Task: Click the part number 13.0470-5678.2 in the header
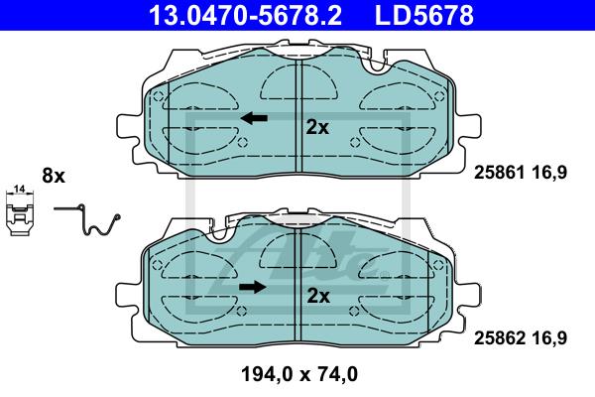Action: point(246,15)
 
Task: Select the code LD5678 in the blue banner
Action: point(424,15)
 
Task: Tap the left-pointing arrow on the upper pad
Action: point(254,118)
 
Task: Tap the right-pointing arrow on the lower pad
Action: point(253,287)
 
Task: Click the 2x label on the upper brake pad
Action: point(317,128)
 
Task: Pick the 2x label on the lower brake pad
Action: point(318,296)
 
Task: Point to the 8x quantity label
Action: point(54,176)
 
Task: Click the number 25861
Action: point(500,173)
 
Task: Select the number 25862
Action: point(500,337)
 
